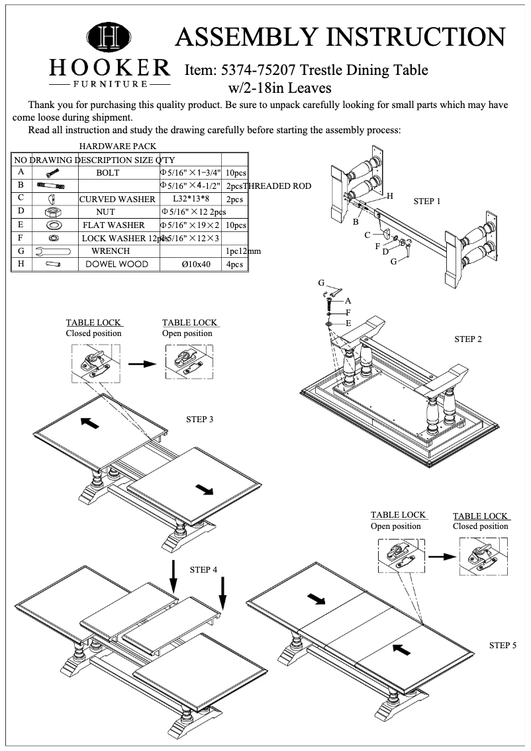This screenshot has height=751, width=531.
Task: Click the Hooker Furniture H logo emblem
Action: pyautogui.click(x=109, y=37)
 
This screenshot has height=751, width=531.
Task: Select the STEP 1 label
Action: pyautogui.click(x=427, y=201)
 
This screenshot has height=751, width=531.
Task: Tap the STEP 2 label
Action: pyautogui.click(x=468, y=339)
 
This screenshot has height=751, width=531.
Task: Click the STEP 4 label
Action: pyautogui.click(x=204, y=569)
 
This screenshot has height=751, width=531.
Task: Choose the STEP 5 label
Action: pyautogui.click(x=503, y=644)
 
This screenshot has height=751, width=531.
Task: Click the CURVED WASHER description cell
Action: pyautogui.click(x=117, y=199)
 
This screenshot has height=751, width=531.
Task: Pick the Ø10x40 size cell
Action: pyautogui.click(x=196, y=264)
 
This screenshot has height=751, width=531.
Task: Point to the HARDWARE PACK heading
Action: pyautogui.click(x=117, y=146)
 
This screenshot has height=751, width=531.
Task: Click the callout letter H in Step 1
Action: pyautogui.click(x=390, y=196)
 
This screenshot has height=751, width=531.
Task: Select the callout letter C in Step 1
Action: pyautogui.click(x=367, y=235)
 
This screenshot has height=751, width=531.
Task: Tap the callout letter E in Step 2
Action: pyautogui.click(x=348, y=323)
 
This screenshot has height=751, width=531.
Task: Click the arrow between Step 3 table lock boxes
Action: pyautogui.click(x=141, y=363)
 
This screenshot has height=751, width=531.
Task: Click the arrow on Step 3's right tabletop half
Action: pyautogui.click(x=205, y=490)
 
